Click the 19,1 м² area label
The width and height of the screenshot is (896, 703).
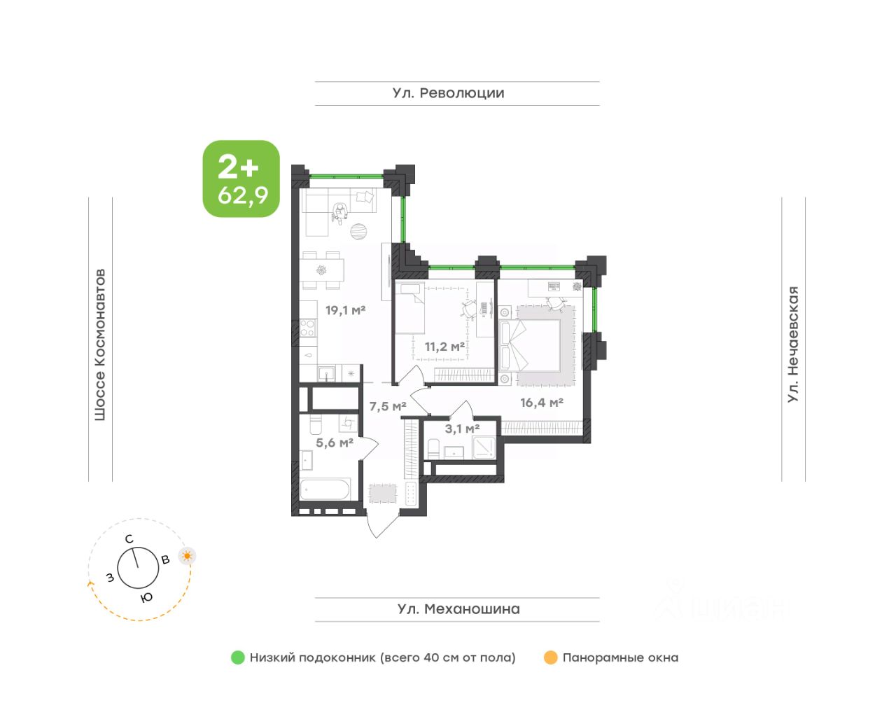click(346, 310)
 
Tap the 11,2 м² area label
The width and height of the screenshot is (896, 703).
click(445, 347)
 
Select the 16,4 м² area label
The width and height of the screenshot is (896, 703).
click(542, 402)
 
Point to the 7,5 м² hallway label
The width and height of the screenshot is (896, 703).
click(388, 407)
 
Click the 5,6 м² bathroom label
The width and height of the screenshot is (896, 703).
click(335, 443)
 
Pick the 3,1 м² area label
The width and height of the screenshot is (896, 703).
click(462, 429)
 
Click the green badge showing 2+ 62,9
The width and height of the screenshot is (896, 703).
click(241, 179)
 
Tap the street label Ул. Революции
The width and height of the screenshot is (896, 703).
click(448, 93)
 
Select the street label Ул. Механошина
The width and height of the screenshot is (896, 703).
click(458, 609)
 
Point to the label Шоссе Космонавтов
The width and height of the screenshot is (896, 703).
click(100, 344)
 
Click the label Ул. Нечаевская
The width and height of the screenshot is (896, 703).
click(793, 344)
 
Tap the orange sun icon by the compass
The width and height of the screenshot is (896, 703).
click(187, 556)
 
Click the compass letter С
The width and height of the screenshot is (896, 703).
click(129, 539)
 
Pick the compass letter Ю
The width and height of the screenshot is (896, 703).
click(146, 598)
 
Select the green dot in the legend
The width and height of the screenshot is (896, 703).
click(238, 657)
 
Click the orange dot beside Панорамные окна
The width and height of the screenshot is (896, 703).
click(550, 657)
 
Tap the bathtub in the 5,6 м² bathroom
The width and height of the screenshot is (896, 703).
click(325, 490)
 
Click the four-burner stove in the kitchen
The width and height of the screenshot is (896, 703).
click(307, 328)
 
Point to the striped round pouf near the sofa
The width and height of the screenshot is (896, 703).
click(358, 231)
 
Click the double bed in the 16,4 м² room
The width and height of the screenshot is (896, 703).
click(530, 345)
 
